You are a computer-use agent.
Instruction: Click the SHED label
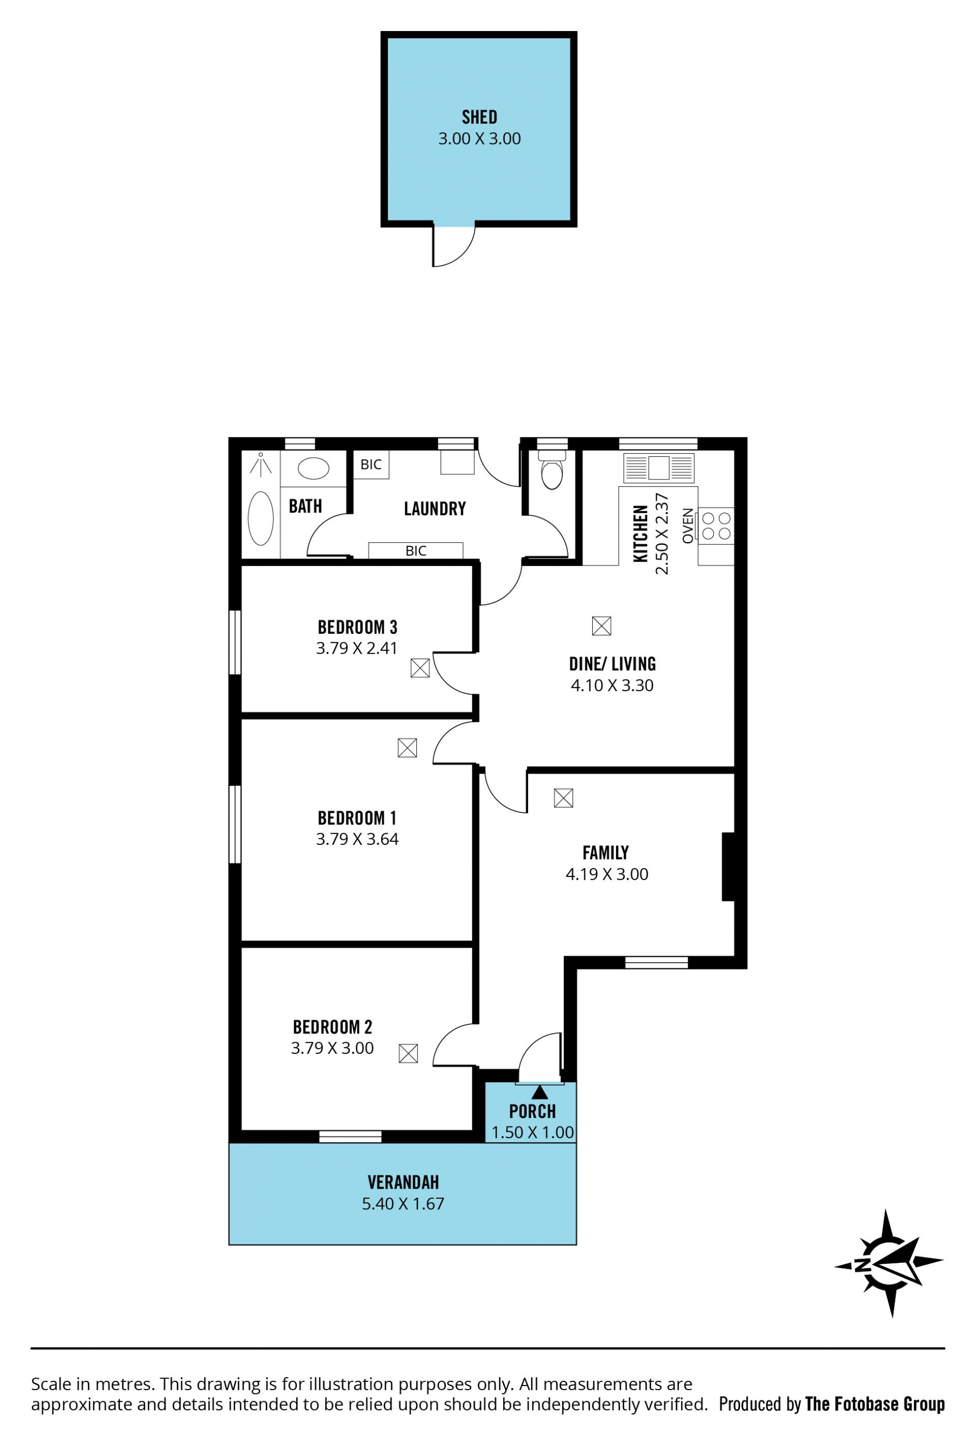pos(479,117)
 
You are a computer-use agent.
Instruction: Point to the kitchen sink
pos(658,468)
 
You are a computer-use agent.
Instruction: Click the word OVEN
pos(687,526)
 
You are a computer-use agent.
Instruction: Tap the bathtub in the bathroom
pos(260,518)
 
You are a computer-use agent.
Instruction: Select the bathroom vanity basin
pos(313,468)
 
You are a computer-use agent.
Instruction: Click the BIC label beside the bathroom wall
pos(371,464)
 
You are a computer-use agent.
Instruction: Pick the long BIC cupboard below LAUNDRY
pos(415,551)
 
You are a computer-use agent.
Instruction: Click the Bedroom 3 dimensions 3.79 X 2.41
pos(356,648)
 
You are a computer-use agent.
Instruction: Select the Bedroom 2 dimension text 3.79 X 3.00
pos(332,1048)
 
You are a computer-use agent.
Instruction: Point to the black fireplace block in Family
pos(728,867)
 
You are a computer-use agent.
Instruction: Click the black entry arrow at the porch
pos(539,1092)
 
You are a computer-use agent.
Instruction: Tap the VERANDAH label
pos(403,1182)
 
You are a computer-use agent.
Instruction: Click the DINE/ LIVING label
pos(612,664)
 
